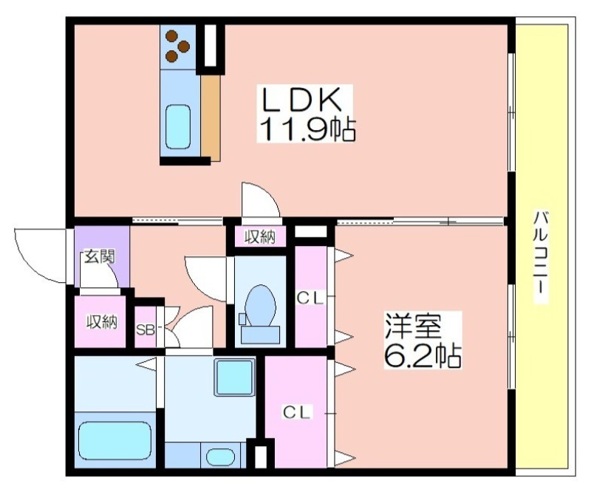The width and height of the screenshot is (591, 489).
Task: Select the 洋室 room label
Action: coord(412,326)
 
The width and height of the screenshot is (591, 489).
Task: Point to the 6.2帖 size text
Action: coord(423,355)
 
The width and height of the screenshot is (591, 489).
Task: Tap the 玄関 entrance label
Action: coord(99,256)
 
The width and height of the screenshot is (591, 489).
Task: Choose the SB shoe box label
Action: coord(145,330)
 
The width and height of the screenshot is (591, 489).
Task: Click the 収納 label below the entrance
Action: coord(102,322)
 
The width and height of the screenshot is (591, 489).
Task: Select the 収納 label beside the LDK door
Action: coord(260,237)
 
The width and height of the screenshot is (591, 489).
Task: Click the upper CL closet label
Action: coord(310,298)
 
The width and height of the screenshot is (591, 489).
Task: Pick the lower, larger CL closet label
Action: coord(297,412)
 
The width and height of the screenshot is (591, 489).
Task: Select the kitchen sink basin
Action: coord(178,126)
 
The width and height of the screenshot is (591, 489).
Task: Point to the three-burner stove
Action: coord(178,47)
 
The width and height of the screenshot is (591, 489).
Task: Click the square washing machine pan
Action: coord(234,377)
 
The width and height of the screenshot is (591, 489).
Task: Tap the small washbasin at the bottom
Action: coord(220,456)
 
